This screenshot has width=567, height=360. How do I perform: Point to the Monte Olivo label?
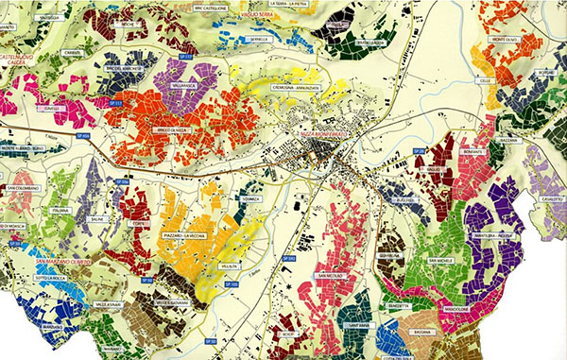(506, 40)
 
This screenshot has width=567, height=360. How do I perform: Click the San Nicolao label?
(327, 276)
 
